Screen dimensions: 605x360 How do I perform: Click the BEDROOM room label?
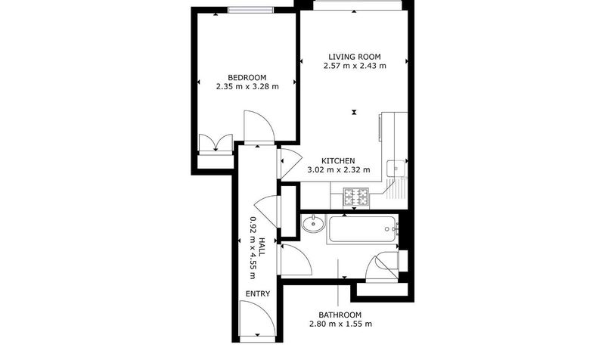pos(247,78)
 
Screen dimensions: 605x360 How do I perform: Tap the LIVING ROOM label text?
pos(355,57)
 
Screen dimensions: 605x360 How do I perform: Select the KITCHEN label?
pos(338,160)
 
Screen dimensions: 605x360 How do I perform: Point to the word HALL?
pos(262,247)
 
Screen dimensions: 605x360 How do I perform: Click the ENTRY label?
pos(258,293)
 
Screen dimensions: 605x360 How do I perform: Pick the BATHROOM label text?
pos(340,315)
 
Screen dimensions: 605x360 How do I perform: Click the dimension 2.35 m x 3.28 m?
pos(247,86)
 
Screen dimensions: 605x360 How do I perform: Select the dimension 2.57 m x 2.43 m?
pos(355,66)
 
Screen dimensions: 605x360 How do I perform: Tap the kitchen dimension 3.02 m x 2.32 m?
pos(338,169)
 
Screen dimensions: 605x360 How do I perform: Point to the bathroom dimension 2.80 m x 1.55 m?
pos(341,324)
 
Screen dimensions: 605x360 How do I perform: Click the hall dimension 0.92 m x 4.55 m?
pos(253,247)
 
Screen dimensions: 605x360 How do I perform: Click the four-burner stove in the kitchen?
pos(356,197)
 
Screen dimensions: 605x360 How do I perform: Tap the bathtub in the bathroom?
pos(362,230)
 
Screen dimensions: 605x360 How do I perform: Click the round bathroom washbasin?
pos(313,224)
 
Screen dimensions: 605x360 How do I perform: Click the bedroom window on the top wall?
pos(251,10)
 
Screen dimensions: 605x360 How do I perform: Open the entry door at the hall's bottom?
pos(257,318)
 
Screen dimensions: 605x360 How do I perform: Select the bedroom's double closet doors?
pos(216,144)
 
